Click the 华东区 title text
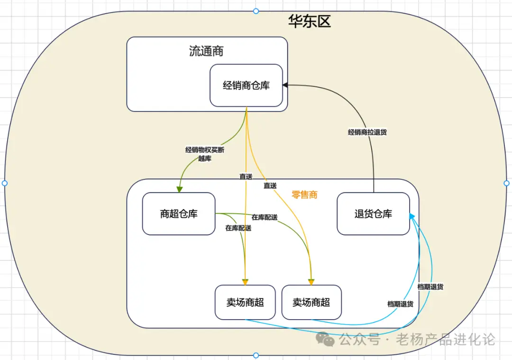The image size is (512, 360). point(310,21)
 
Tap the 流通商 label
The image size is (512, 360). point(206,51)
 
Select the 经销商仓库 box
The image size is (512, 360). point(246,86)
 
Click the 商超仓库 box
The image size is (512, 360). point(179,214)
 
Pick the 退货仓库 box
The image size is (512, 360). point(373,214)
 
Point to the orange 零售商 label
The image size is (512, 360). point(304,195)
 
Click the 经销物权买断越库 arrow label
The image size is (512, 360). point(205,154)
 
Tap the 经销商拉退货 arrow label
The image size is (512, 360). point(367,133)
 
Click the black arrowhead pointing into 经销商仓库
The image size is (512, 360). point(285,85)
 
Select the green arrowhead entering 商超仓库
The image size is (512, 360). point(179,189)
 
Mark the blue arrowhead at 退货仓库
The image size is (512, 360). point(412,216)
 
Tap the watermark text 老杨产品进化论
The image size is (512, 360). point(446,339)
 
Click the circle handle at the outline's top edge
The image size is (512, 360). point(256,11)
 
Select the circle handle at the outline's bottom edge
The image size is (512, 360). point(256,355)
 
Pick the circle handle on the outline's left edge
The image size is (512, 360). point(5,183)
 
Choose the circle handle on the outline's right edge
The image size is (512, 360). point(506,183)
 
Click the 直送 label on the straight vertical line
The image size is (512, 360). point(246,176)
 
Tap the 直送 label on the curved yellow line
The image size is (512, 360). point(270,186)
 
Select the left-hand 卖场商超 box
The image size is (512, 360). point(245,302)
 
